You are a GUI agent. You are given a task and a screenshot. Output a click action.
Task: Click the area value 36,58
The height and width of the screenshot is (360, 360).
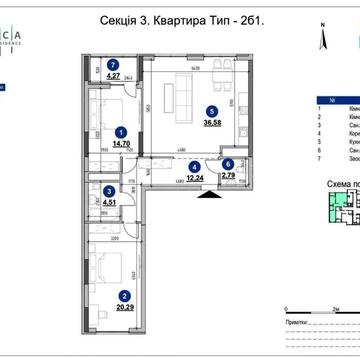pyautogui.click(x=210, y=124)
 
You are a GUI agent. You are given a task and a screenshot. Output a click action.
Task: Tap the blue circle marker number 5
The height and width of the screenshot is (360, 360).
pyautogui.click(x=210, y=112)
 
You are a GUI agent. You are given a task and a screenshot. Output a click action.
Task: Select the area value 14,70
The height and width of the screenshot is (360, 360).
pyautogui.click(x=121, y=143)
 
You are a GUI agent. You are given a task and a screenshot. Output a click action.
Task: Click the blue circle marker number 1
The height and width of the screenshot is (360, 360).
pyautogui.click(x=121, y=130)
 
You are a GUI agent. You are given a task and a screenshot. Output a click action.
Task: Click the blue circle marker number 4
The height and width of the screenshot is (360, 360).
pyautogui.click(x=195, y=166)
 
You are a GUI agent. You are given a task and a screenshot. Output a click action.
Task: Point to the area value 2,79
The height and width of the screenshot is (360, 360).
pyautogui.click(x=229, y=176)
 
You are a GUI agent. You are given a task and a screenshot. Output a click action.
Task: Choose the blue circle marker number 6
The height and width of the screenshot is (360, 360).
pyautogui.click(x=228, y=164)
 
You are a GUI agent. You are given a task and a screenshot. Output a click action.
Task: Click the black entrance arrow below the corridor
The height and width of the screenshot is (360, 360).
pyautogui.click(x=206, y=196)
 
